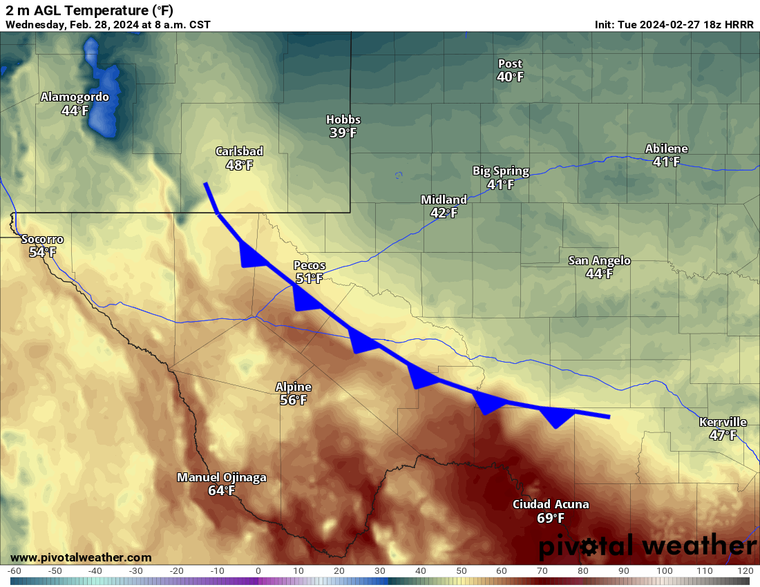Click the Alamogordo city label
click(75, 97)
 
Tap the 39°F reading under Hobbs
click(343, 133)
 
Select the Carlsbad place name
click(239, 152)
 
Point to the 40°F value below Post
click(510, 77)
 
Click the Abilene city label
click(666, 149)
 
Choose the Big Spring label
click(501, 171)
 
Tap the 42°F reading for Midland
click(444, 213)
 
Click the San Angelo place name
click(599, 260)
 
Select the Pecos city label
click(309, 265)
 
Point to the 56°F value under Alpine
click(294, 401)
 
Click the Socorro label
click(42, 240)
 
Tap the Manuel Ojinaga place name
click(222, 477)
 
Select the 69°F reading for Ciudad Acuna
click(551, 518)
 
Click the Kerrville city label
click(723, 422)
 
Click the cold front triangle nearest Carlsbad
click(250, 256)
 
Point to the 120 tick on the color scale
click(744, 571)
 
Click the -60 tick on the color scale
click(14, 571)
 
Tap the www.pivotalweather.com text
click(81, 557)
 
